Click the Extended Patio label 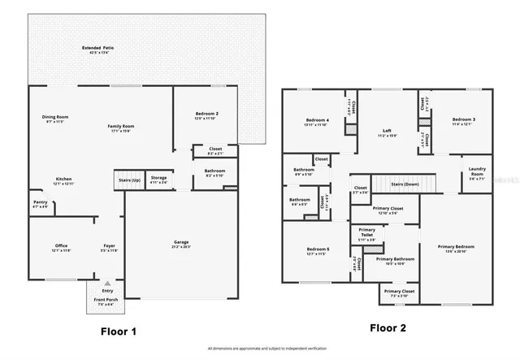(x=97, y=48)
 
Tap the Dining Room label (x=55, y=117)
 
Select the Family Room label (x=122, y=127)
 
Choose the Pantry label (x=40, y=202)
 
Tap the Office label (x=61, y=245)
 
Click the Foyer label (x=108, y=245)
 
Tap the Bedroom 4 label (x=316, y=119)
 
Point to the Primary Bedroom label (x=457, y=247)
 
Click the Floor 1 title (x=119, y=330)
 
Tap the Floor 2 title (x=389, y=328)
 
